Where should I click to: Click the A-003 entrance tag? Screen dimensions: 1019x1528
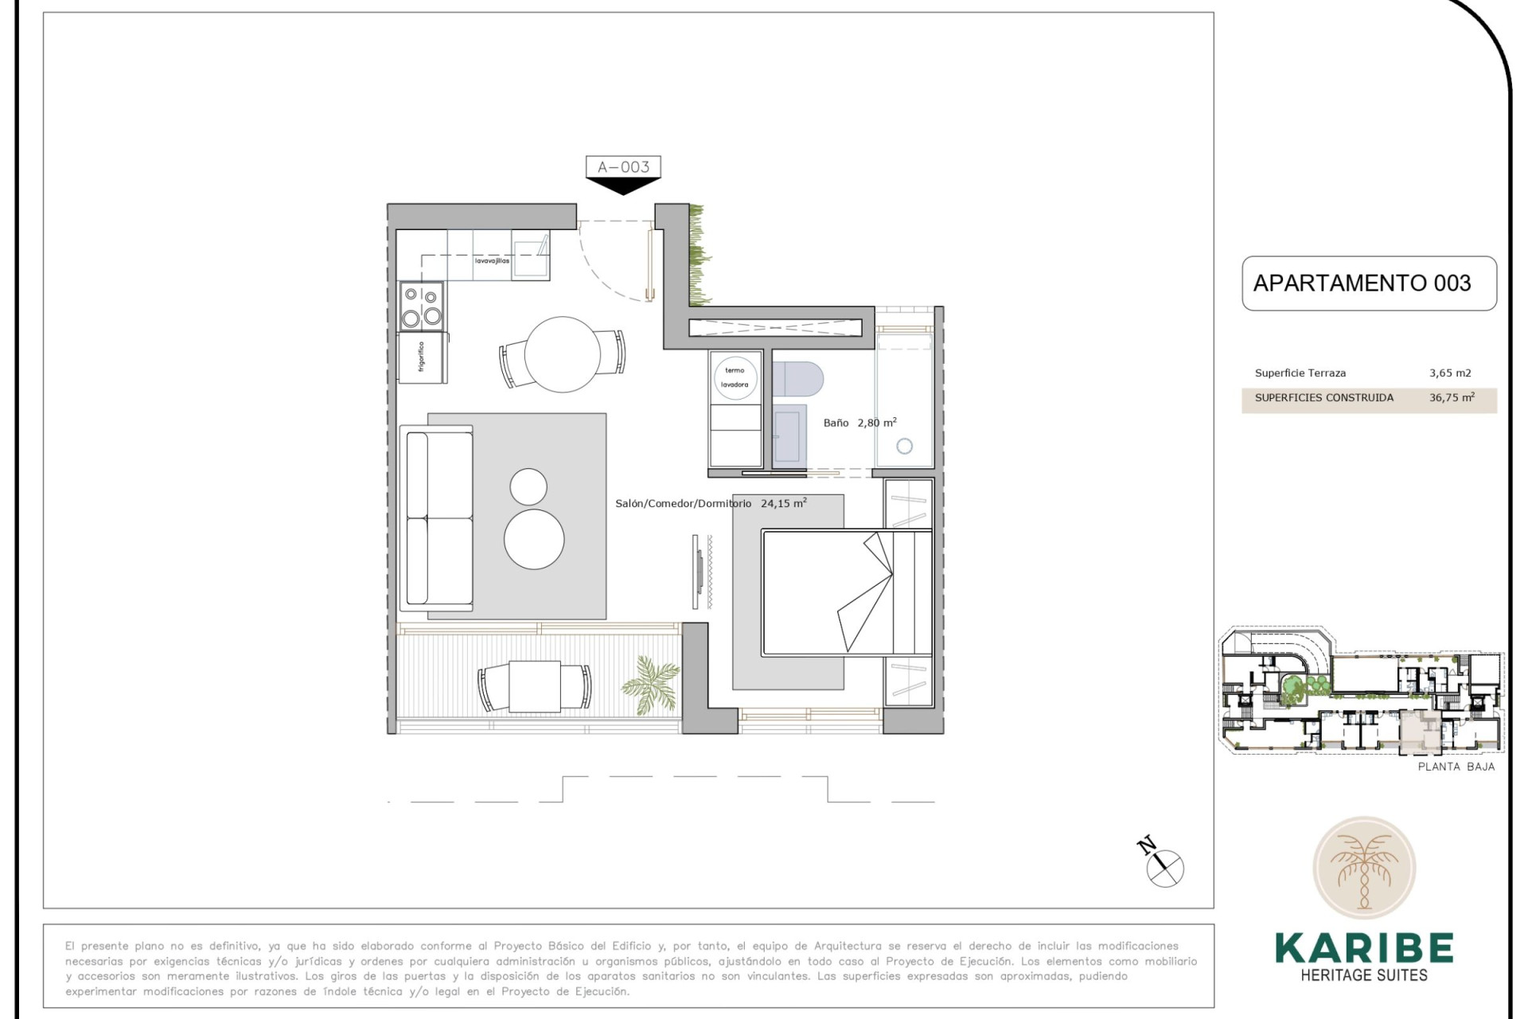click(x=623, y=167)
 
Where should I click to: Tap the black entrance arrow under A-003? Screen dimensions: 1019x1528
click(x=623, y=185)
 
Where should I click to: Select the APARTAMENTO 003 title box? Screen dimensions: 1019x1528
click(x=1368, y=283)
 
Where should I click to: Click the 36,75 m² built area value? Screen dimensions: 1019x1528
click(x=1452, y=397)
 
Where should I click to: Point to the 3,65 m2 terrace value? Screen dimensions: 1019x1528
click(x=1450, y=373)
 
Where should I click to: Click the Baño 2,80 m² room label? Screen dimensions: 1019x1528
click(x=859, y=423)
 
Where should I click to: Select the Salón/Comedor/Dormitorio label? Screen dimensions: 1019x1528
click(x=683, y=503)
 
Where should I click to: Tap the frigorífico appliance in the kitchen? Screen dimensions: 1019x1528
click(x=422, y=357)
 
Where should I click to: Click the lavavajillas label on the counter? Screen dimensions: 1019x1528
click(x=492, y=261)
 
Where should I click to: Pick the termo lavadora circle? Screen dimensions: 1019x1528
click(x=735, y=377)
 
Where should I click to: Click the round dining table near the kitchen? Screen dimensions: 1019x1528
click(x=563, y=354)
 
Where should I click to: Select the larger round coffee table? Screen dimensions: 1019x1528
click(x=534, y=539)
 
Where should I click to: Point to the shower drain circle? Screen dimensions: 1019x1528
click(x=904, y=447)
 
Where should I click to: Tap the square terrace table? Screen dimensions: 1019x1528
click(x=534, y=687)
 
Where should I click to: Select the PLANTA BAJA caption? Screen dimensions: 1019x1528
click(x=1456, y=767)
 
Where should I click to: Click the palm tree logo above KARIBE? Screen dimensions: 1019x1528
click(x=1364, y=868)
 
